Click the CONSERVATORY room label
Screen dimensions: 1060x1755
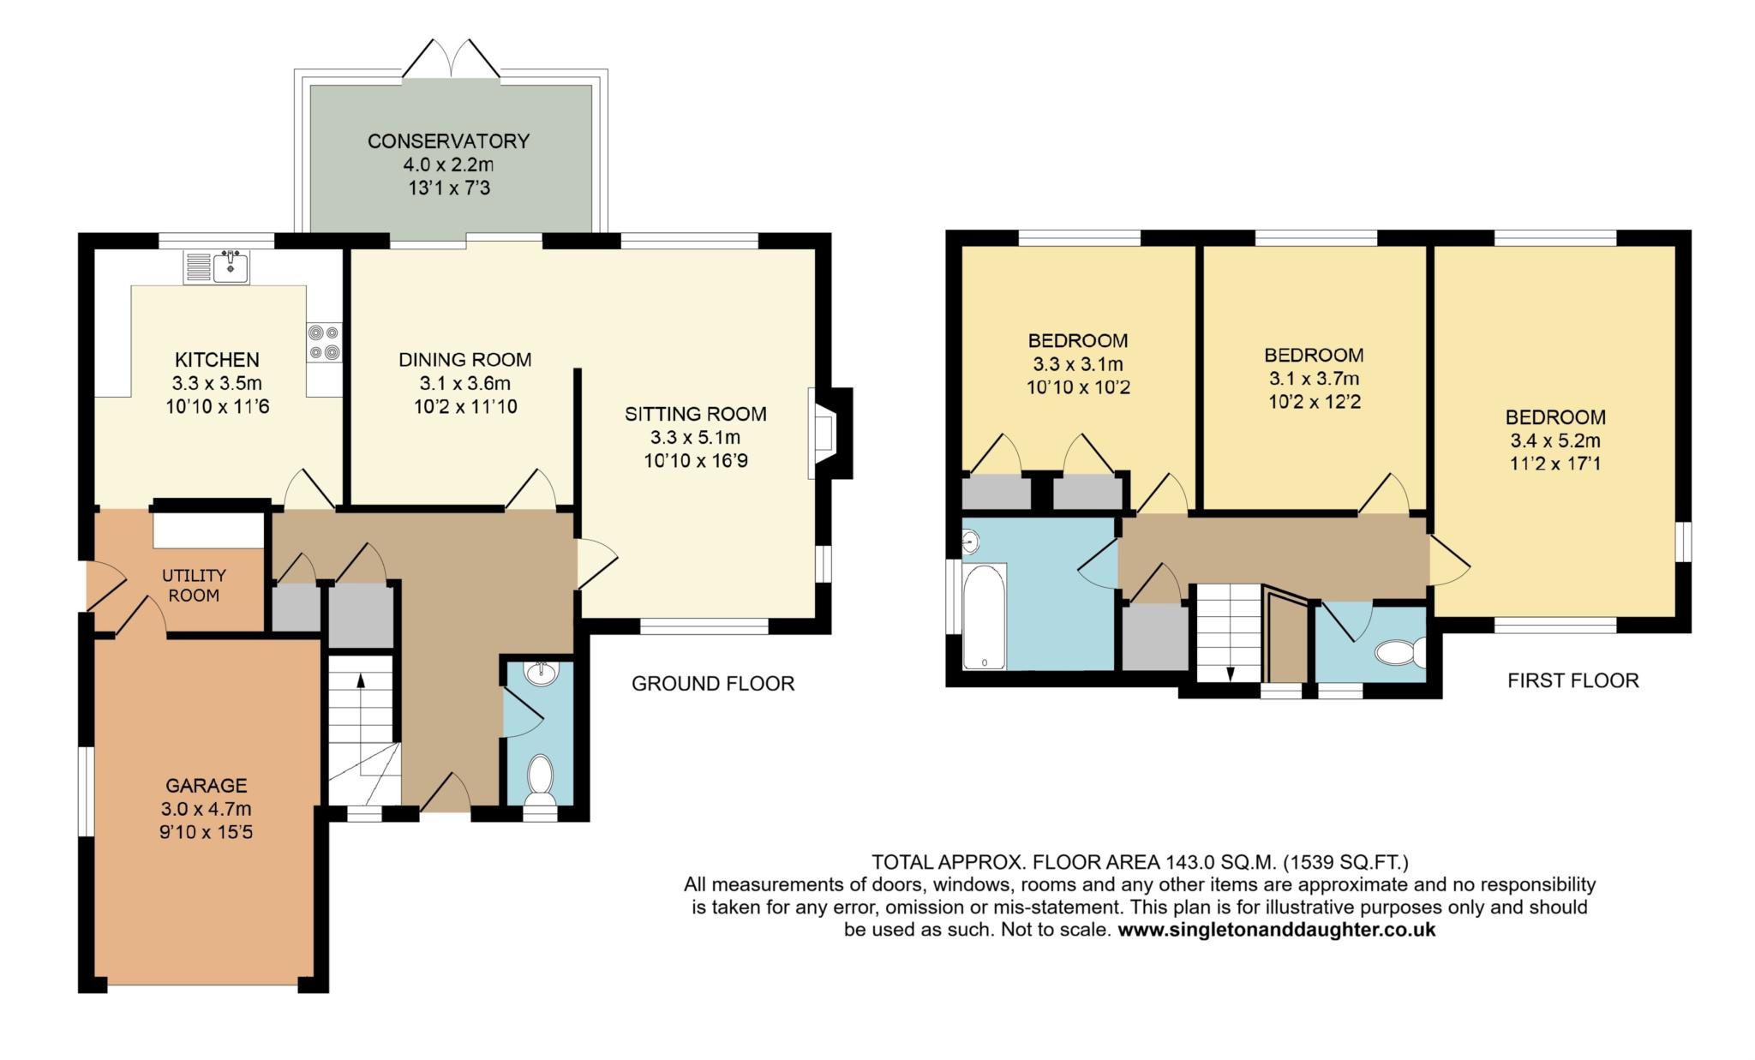pos(448,141)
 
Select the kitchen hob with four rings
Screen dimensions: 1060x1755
pos(324,341)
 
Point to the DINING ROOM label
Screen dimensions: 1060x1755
pos(464,360)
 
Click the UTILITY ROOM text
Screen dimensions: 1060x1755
pos(194,585)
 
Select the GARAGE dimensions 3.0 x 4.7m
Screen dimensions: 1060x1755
pos(206,808)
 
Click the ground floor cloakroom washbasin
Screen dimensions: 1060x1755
pos(541,674)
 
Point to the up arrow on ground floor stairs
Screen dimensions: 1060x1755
pos(360,682)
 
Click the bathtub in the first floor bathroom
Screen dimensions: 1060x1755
pos(984,615)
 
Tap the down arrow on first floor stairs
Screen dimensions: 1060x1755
pos(1231,673)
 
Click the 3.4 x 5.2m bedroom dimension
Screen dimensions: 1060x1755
pos(1555,441)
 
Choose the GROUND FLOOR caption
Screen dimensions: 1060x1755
pos(713,683)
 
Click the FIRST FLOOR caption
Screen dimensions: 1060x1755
pos(1572,680)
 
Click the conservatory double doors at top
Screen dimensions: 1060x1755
pos(451,60)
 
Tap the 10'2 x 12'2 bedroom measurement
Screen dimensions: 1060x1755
pos(1314,401)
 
